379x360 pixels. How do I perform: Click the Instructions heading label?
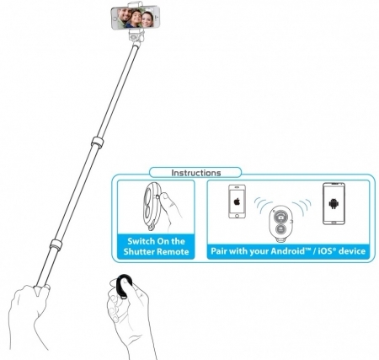[196, 173]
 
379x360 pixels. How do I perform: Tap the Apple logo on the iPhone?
[237, 201]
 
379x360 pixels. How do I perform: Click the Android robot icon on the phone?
[334, 203]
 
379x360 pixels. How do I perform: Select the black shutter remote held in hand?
[124, 286]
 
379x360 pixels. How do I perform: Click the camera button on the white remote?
[280, 217]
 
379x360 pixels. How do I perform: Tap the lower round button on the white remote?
[280, 229]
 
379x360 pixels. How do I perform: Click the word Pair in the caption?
[219, 250]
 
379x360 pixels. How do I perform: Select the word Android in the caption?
[287, 250]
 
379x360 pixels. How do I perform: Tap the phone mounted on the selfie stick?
[136, 18]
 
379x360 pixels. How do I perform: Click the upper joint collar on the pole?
[98, 142]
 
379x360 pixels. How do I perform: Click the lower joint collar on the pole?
[56, 244]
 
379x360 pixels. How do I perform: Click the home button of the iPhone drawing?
[237, 216]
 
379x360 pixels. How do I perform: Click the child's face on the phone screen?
[136, 17]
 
